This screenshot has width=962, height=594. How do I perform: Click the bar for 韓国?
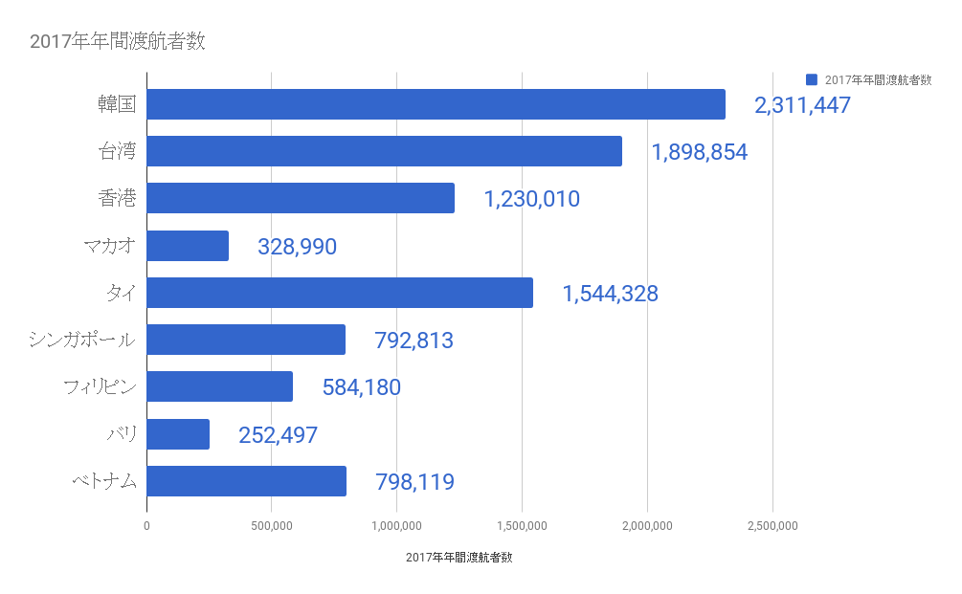pyautogui.click(x=436, y=104)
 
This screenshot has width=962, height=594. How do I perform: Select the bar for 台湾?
pyautogui.click(x=384, y=151)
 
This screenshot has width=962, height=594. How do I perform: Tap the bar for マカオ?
pyautogui.click(x=188, y=246)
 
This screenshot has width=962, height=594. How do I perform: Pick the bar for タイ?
pyautogui.click(x=339, y=293)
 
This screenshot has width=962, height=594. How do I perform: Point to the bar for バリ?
pyautogui.click(x=178, y=434)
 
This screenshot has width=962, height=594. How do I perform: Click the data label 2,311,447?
pyautogui.click(x=802, y=106)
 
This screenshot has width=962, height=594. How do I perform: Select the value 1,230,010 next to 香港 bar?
pyautogui.click(x=531, y=200)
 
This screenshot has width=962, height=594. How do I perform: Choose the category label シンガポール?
pyautogui.click(x=82, y=340)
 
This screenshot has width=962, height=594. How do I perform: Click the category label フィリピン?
pyautogui.click(x=100, y=387)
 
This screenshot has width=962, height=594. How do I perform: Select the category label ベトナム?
pyautogui.click(x=104, y=481)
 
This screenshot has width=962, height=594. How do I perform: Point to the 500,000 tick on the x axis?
pyautogui.click(x=271, y=525)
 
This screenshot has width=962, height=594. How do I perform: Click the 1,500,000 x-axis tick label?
pyautogui.click(x=522, y=525)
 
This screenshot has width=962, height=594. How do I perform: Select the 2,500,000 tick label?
pyautogui.click(x=772, y=525)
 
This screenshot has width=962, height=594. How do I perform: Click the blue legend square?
pyautogui.click(x=812, y=79)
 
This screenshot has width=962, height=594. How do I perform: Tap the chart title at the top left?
pyautogui.click(x=117, y=41)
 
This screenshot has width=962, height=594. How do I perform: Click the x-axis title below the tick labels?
pyautogui.click(x=459, y=557)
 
